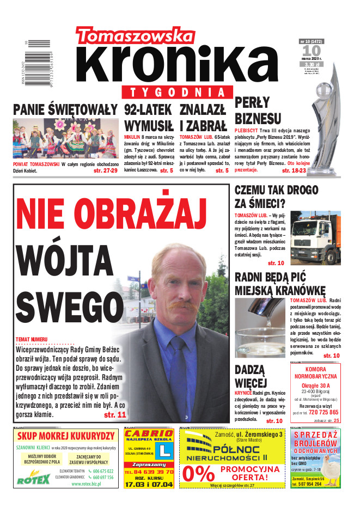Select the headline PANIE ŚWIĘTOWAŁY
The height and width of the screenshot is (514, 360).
65,109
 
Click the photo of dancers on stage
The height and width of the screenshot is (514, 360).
65,138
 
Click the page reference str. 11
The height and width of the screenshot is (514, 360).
114,415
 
